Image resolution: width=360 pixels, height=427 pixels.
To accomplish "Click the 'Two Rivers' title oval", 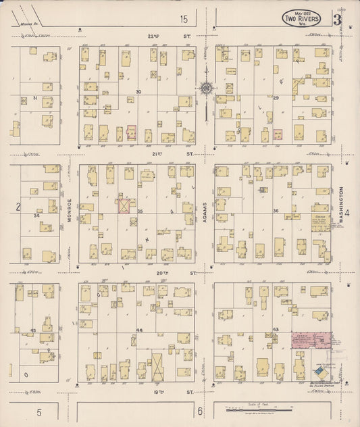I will pyautogui.click(x=301, y=16).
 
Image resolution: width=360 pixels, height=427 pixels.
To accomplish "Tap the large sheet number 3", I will pyautogui.click(x=336, y=18).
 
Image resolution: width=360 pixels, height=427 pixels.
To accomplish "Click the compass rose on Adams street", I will pyautogui.click(x=205, y=87).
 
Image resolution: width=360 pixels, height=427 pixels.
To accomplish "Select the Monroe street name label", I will pyautogui.click(x=70, y=207).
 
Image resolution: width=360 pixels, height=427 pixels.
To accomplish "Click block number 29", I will pyautogui.click(x=276, y=99).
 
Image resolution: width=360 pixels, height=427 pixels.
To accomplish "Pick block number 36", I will pyautogui.click(x=276, y=211).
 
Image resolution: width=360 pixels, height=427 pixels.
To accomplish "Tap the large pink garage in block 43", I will pyautogui.click(x=311, y=340).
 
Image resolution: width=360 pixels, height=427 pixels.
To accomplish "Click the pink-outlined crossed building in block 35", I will pyautogui.click(x=124, y=205).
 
